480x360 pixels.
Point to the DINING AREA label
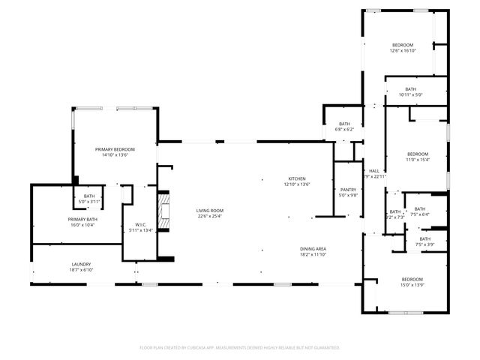pyautogui.click(x=313, y=248)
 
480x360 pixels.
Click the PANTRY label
pyautogui.click(x=347, y=190)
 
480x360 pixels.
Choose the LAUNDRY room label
pyautogui.click(x=81, y=264)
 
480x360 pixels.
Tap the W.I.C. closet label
pyautogui.click(x=140, y=224)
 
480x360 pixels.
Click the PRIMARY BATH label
pyautogui.click(x=82, y=219)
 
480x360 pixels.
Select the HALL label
pyautogui.click(x=373, y=171)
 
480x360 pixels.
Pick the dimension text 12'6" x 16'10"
pyautogui.click(x=403, y=51)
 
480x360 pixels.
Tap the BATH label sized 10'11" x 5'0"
pyautogui.click(x=411, y=89)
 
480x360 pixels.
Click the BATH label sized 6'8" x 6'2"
pyautogui.click(x=344, y=124)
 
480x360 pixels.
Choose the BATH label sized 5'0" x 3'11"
pyautogui.click(x=89, y=196)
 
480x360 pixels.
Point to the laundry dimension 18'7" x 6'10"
pyautogui.click(x=81, y=270)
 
